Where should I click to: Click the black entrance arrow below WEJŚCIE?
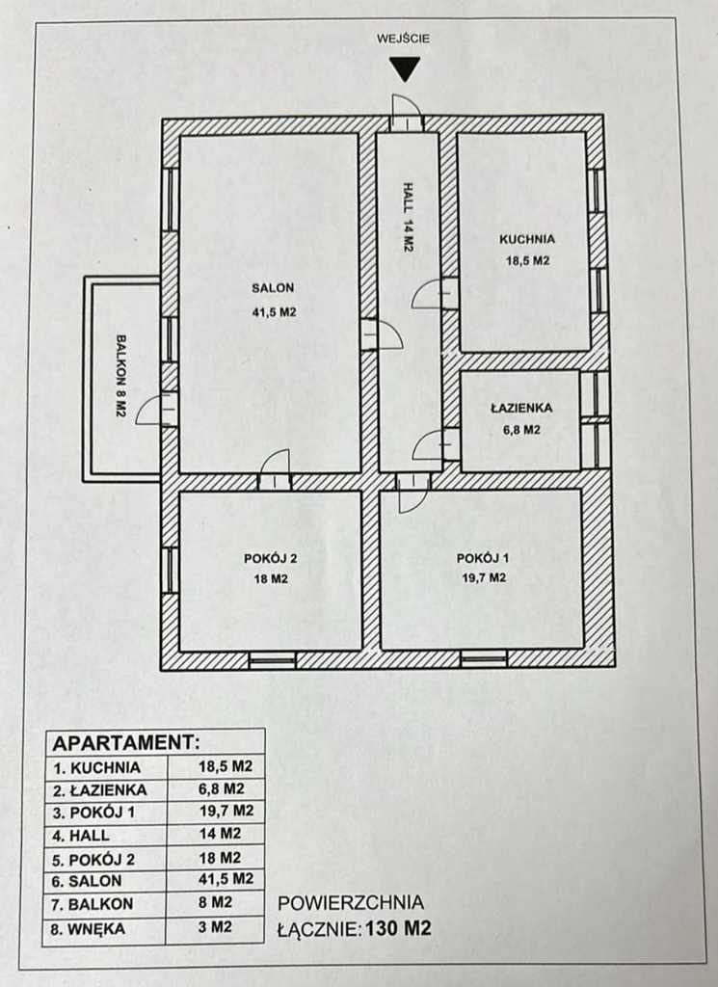point(405,68)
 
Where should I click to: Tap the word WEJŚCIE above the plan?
point(404,39)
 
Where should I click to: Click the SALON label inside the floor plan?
point(273,288)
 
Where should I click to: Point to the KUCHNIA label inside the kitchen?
point(527,239)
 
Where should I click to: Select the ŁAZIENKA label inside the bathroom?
point(521,408)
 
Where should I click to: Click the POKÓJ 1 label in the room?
point(483,558)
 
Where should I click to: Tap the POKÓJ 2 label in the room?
point(271,558)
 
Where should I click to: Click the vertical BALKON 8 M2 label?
point(121,375)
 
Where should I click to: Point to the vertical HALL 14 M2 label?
point(409,217)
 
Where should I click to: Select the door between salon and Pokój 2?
point(275,469)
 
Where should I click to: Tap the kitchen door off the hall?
point(435,293)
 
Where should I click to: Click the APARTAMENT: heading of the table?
point(126,743)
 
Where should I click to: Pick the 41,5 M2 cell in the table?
point(226,879)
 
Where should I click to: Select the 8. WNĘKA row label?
point(88,929)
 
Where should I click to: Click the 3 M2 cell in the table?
point(215,927)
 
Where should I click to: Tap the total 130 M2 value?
point(399,928)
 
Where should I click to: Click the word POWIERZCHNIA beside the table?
point(351,902)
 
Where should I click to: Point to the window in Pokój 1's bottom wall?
point(483,659)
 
